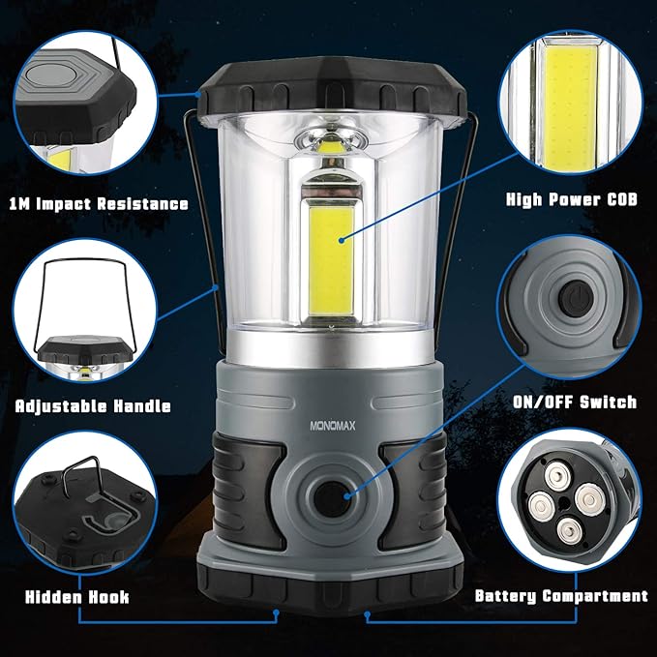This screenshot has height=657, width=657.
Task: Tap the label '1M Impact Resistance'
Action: tap(98, 204)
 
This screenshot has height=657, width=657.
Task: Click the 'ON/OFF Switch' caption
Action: tap(575, 402)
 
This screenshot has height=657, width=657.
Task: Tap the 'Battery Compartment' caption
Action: tap(560, 596)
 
